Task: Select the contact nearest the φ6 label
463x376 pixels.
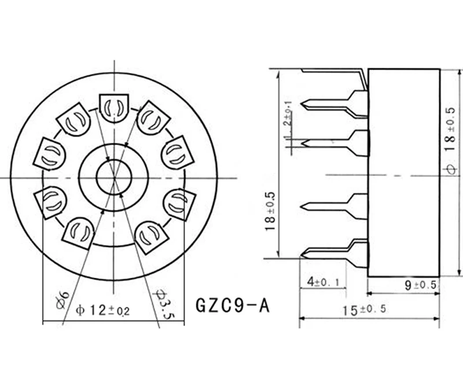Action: [78, 231]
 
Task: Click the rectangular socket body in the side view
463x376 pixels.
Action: [403, 173]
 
